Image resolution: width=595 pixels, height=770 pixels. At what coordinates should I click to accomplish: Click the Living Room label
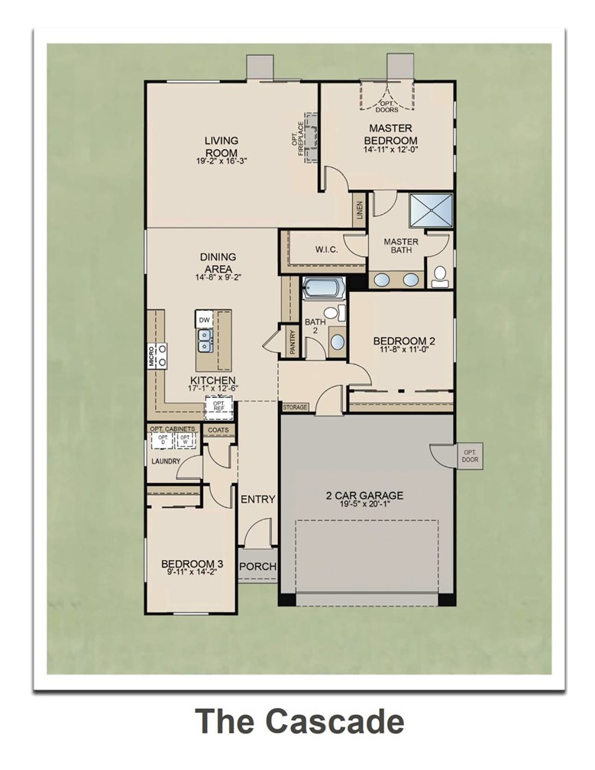(x=222, y=146)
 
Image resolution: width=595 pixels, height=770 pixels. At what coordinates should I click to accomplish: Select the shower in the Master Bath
(x=431, y=211)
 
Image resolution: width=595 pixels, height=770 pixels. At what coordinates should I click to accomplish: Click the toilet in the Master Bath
(x=440, y=277)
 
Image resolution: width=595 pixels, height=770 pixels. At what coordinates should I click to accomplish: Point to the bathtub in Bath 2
(x=325, y=289)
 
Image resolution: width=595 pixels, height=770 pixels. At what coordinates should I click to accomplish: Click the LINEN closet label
(x=360, y=212)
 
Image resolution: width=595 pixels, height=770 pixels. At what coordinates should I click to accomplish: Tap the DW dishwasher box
(x=204, y=319)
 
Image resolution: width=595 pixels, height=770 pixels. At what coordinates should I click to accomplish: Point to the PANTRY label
(x=293, y=341)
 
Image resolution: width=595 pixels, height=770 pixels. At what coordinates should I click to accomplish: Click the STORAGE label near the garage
(x=295, y=407)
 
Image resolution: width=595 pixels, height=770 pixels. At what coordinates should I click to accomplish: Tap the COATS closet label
(x=218, y=430)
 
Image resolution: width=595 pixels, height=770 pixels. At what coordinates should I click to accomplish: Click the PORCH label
(x=257, y=567)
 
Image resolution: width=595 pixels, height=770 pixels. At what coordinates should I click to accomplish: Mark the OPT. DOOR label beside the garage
(x=470, y=457)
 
